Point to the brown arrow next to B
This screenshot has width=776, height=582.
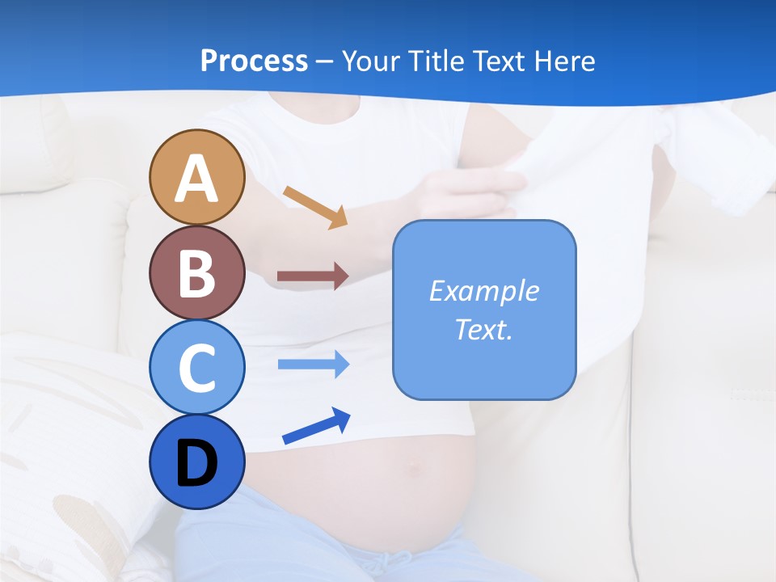point(313,276)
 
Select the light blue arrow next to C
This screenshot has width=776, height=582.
point(313,365)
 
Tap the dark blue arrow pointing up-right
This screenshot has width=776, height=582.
point(316,426)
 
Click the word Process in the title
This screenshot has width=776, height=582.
point(254,61)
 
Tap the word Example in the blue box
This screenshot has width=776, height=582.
point(483,291)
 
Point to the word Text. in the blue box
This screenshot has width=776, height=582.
point(483,329)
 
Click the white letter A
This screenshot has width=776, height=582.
point(196,179)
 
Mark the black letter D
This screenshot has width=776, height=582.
point(196,464)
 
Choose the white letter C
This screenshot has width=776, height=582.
point(196,369)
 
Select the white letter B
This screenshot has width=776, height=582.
point(196,273)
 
